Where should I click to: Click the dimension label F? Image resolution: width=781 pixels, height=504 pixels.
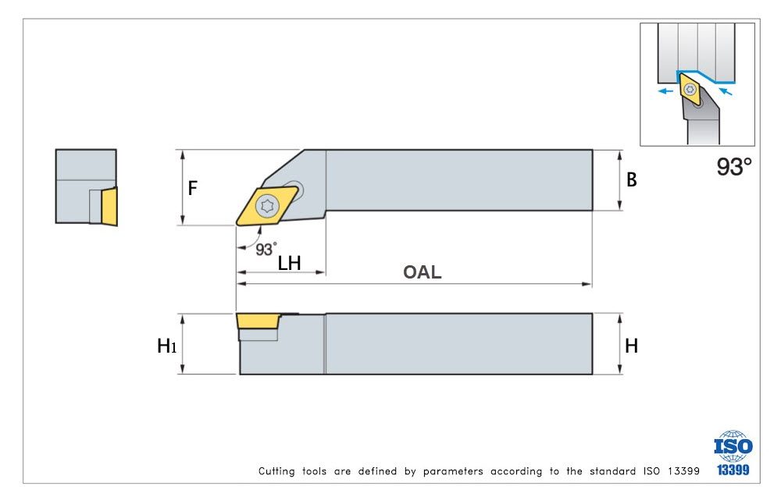point(193,188)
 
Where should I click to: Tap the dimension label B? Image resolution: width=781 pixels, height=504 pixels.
point(632,180)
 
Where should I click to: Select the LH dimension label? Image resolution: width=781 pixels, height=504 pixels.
point(289,263)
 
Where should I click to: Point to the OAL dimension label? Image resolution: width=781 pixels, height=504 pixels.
point(422,272)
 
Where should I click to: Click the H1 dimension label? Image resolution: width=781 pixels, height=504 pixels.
point(166,346)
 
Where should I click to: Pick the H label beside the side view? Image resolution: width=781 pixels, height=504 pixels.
point(631,346)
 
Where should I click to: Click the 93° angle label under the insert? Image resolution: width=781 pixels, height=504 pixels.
point(266,249)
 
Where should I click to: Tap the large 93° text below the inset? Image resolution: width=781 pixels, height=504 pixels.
point(734,166)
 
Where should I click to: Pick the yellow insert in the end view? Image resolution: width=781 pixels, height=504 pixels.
point(109,206)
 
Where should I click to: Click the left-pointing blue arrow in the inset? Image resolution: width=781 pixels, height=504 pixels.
point(664,91)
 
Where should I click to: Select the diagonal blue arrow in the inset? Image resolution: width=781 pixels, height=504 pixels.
point(726,91)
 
